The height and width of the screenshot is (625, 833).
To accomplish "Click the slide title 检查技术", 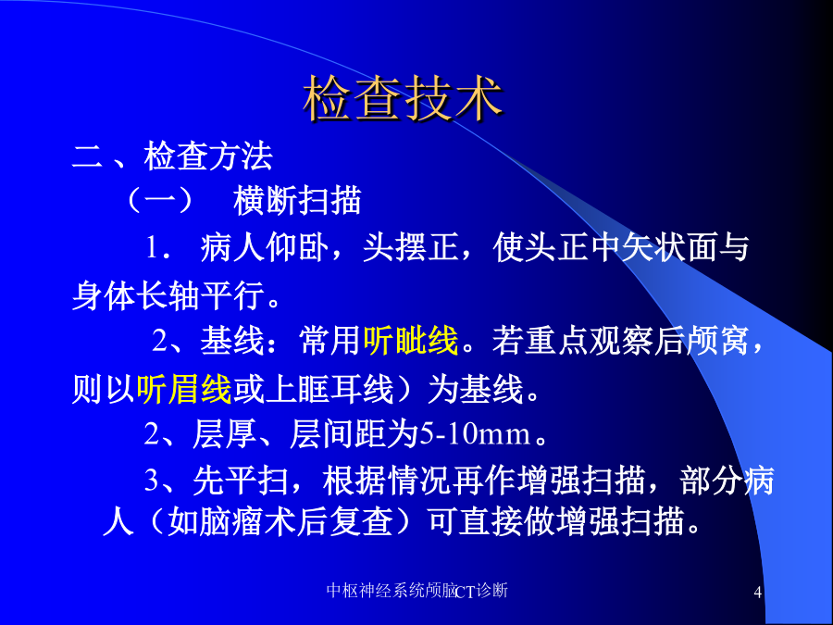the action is click(403, 99).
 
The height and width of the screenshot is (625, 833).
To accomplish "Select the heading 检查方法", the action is click(208, 156).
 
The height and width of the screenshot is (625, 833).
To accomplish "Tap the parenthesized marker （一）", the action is click(160, 201).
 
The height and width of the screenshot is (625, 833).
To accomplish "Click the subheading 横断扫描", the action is click(297, 201).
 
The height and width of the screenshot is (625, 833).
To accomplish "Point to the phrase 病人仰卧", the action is click(264, 247).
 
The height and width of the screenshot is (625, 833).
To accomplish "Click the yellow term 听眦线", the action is click(410, 341).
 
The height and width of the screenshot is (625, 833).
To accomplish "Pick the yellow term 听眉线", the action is click(184, 390).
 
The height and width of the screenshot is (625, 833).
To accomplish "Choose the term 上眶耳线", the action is click(329, 390).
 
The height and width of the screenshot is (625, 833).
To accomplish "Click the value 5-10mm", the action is click(475, 434).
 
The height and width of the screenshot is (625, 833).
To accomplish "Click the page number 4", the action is click(758, 592).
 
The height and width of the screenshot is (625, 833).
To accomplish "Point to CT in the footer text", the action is click(466, 592).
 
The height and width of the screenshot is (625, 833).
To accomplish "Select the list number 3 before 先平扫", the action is click(152, 481).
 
